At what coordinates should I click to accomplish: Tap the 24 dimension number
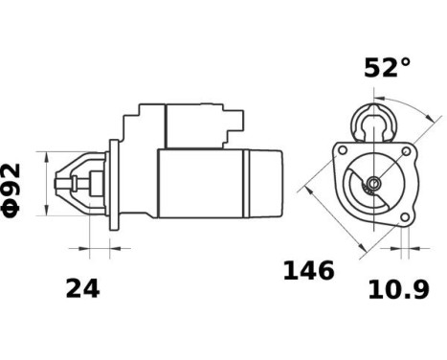point(82,287)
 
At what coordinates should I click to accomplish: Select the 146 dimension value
point(308,271)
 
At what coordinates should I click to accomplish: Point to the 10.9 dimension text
point(398,288)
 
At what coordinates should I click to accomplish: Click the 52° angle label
point(387,68)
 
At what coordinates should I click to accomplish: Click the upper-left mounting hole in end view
point(339,152)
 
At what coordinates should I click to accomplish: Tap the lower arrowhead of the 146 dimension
point(362,253)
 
